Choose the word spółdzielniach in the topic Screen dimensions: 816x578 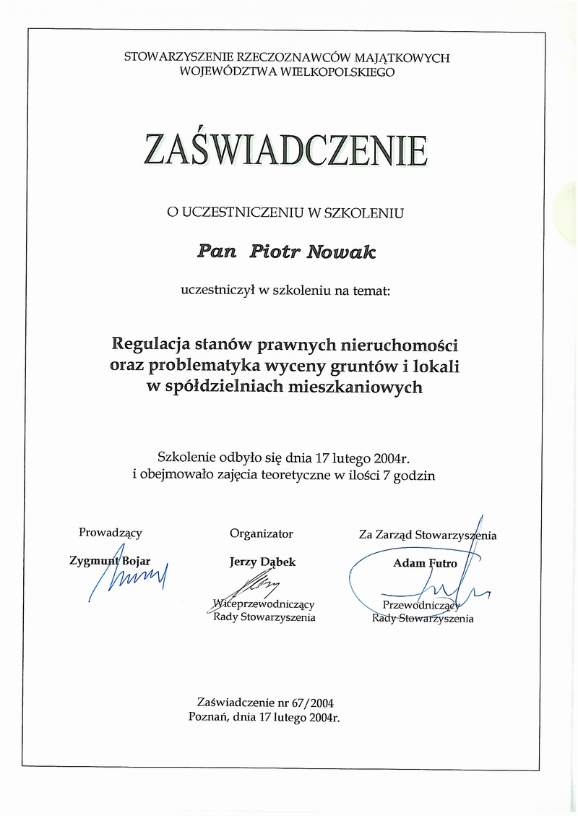240,387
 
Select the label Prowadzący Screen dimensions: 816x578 111,533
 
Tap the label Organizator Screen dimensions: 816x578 262,533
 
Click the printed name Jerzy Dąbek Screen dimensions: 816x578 262,562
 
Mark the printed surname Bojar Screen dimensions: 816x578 134,561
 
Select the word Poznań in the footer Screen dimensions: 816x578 209,717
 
